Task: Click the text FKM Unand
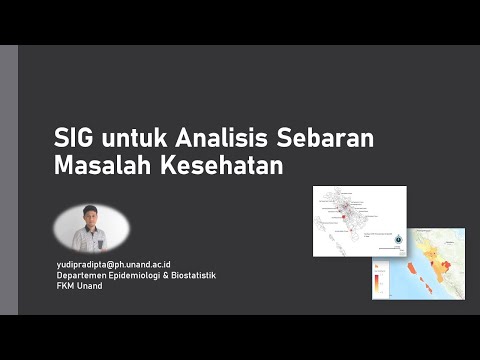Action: pyautogui.click(x=79, y=285)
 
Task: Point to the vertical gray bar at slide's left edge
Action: pyautogui.click(x=8, y=180)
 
